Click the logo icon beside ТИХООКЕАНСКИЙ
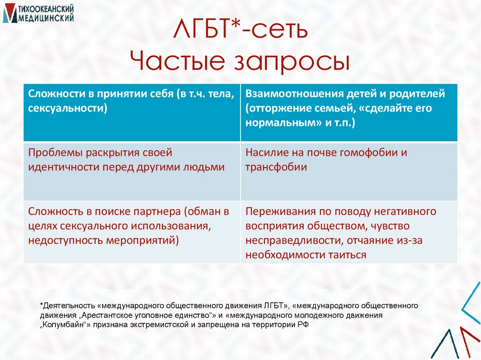click(x=9, y=13)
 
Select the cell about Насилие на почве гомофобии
click(x=349, y=171)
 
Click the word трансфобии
click(x=276, y=167)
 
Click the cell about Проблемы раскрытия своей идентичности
click(x=132, y=171)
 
